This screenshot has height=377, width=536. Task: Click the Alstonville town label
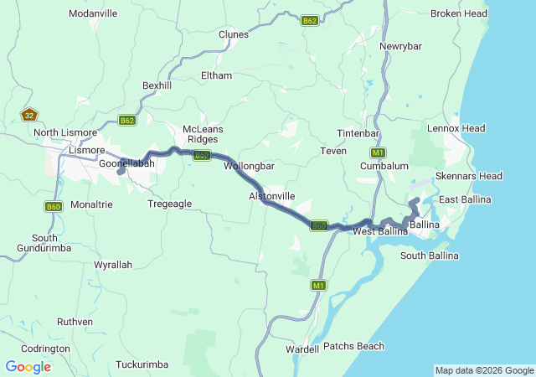click(272, 195)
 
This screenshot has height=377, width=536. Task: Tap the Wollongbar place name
click(250, 166)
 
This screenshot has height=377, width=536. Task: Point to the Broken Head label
click(458, 13)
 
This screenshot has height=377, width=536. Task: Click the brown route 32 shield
click(29, 116)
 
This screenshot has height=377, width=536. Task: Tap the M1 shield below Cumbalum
click(378, 152)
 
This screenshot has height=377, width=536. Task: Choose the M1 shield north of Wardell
click(318, 285)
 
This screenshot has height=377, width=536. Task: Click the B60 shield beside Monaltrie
click(53, 206)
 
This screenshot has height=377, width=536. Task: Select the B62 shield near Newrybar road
click(310, 21)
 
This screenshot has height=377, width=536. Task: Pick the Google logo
click(28, 367)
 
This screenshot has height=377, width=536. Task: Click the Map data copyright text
click(484, 370)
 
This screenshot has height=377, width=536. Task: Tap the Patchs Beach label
click(353, 346)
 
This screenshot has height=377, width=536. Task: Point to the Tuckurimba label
click(142, 364)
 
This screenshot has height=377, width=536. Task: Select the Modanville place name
click(93, 13)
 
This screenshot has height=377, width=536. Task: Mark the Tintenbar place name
click(358, 134)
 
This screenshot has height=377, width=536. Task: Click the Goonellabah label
click(126, 163)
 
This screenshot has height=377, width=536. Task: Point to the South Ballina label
click(429, 255)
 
